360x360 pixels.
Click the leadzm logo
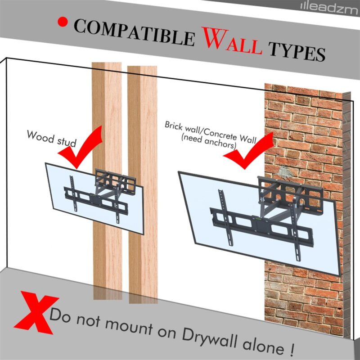point(329,9)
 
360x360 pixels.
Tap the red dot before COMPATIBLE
point(63,22)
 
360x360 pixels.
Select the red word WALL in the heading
point(232,40)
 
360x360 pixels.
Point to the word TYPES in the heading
point(297,52)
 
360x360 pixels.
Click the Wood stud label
point(51,139)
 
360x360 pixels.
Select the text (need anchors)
point(208,141)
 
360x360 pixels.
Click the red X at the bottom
point(36,312)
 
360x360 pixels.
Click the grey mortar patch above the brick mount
point(284,172)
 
